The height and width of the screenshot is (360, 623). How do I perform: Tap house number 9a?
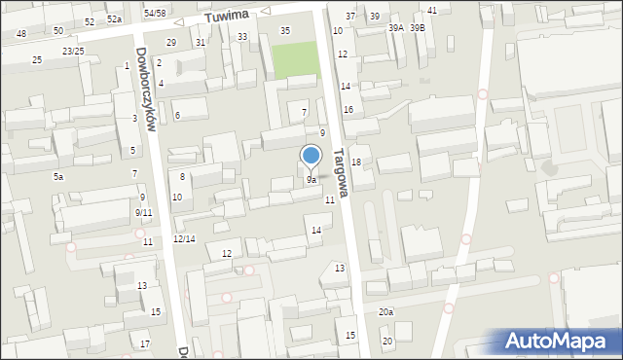pos(311,180)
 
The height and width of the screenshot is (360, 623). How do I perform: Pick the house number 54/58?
pos(155,13)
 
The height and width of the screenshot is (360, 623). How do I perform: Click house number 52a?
pos(114,19)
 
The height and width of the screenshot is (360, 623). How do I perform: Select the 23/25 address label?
pos(73,51)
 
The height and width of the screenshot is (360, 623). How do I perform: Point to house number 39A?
pos(395,28)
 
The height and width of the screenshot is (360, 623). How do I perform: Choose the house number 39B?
pos(417,28)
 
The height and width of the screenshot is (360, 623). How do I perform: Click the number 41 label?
pos(432,10)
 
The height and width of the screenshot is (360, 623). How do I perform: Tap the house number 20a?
pos(386,311)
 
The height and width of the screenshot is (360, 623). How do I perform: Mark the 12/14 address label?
pos(184,238)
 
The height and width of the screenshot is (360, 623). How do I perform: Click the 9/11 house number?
pos(143,212)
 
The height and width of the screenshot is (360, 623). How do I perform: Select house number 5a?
pos(58,176)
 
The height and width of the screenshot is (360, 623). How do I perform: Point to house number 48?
pos(21,34)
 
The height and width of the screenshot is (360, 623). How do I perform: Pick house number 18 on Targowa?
pos(356,162)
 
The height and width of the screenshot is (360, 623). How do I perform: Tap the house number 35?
pos(285,30)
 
